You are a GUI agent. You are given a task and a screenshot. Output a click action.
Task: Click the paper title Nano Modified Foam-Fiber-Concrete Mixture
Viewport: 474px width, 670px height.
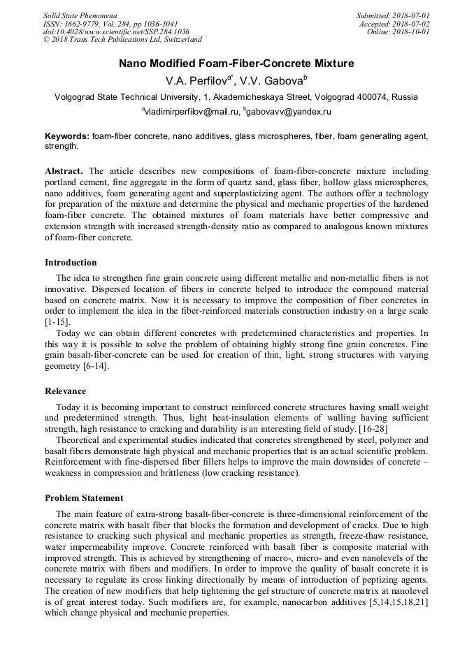point(236,64)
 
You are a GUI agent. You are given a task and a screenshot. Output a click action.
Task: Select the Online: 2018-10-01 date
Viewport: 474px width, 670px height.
point(398,32)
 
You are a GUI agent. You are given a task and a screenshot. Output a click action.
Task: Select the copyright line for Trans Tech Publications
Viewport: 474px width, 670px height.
point(122,41)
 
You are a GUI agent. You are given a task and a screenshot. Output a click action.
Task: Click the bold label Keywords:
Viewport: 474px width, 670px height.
point(67,136)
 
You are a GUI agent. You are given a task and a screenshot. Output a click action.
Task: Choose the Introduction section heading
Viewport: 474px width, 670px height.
point(71,263)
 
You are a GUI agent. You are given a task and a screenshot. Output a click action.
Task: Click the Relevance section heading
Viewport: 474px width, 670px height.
point(66,391)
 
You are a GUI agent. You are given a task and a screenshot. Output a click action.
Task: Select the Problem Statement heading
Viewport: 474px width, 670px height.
point(84,498)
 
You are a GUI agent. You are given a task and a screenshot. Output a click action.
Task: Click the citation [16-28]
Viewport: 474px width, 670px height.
point(366,428)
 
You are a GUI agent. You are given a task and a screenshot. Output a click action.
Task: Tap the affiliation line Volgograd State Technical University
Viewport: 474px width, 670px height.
point(236,97)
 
